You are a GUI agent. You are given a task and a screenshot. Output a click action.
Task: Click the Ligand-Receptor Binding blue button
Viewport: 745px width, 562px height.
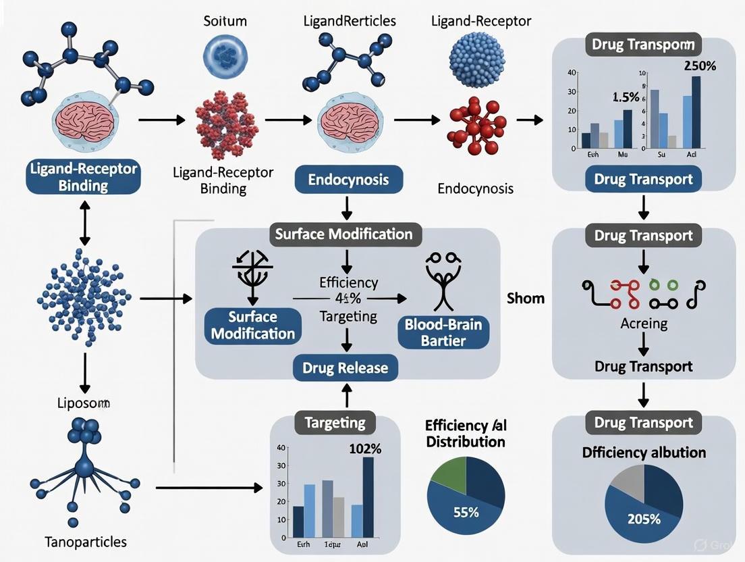(83, 177)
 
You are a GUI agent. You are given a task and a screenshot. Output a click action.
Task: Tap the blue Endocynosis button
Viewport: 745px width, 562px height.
(349, 180)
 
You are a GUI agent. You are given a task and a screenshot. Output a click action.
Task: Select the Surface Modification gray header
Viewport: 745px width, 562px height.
(343, 234)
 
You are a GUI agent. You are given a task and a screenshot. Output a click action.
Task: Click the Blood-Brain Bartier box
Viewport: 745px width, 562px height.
(443, 332)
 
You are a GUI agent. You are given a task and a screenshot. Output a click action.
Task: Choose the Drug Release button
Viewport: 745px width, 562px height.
(345, 367)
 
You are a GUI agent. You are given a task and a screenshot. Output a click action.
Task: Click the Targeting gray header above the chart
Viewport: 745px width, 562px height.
(335, 424)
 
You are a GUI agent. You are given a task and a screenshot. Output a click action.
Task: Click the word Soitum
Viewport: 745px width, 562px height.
(225, 21)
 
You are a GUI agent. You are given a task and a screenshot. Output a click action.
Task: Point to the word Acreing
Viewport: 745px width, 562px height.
(644, 323)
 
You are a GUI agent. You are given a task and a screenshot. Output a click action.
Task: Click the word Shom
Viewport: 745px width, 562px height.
(525, 298)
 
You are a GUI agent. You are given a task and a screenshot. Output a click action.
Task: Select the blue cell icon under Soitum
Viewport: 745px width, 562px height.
(225, 56)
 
